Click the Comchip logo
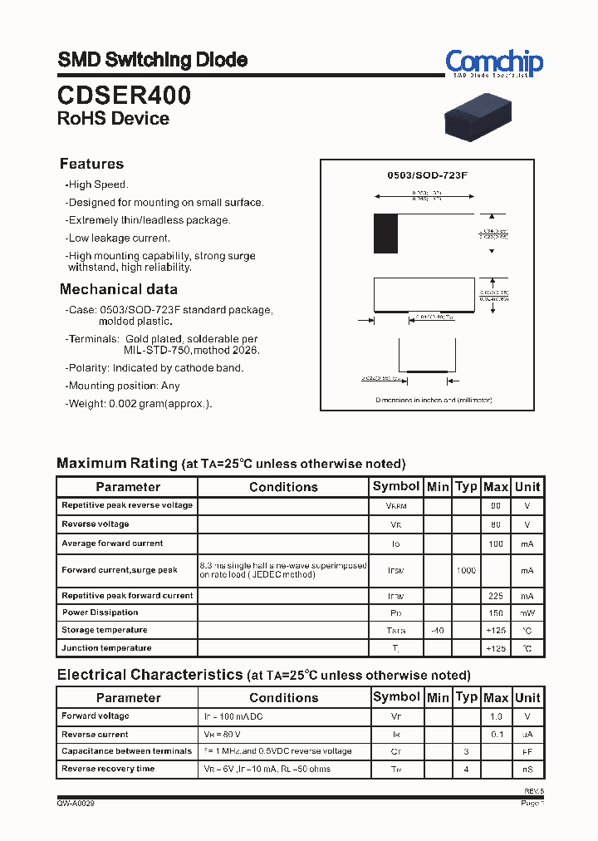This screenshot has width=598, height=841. (x=493, y=63)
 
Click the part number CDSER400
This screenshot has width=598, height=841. (x=124, y=96)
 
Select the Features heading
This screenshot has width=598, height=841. (x=91, y=164)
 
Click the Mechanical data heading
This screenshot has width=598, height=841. (x=118, y=289)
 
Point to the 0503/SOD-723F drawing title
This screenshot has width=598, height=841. (x=428, y=175)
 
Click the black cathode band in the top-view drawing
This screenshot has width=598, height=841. (x=385, y=234)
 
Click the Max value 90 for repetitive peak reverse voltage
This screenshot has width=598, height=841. (x=495, y=505)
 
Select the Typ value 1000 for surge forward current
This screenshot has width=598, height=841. (x=466, y=571)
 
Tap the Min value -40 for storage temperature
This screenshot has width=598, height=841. (x=438, y=631)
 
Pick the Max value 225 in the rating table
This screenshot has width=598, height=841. (x=495, y=596)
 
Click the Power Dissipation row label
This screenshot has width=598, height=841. (x=100, y=612)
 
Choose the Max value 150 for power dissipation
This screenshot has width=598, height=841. (x=495, y=613)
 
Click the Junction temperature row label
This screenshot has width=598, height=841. (x=106, y=647)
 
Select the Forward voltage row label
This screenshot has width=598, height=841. (x=95, y=716)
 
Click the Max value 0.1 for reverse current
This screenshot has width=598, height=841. (x=496, y=735)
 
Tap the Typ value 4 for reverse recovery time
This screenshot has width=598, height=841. (x=467, y=770)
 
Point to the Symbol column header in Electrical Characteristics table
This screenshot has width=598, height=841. (x=396, y=697)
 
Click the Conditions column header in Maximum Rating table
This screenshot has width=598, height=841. (x=283, y=487)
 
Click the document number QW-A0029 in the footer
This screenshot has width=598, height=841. (x=76, y=804)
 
